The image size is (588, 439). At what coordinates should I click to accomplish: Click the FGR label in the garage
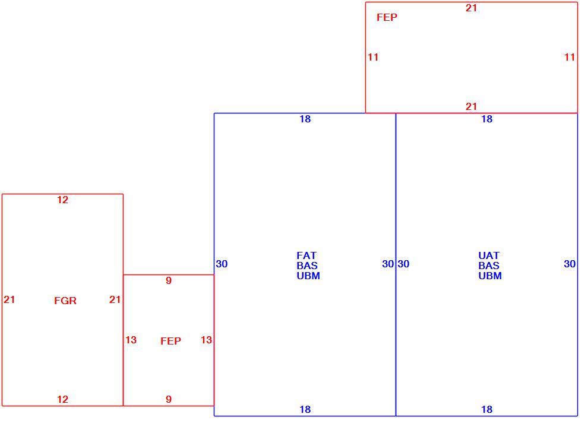click(x=65, y=301)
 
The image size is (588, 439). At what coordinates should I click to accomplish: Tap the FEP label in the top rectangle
click(x=387, y=17)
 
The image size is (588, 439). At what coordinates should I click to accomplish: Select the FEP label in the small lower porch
click(x=170, y=341)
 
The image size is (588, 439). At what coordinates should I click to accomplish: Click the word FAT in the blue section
click(x=306, y=255)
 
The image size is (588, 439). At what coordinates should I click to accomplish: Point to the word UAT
click(x=489, y=255)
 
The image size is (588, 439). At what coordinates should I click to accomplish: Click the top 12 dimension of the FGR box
click(x=62, y=200)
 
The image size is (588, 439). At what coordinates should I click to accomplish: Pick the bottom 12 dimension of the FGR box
click(x=62, y=399)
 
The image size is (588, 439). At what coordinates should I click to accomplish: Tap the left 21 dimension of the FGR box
click(x=10, y=299)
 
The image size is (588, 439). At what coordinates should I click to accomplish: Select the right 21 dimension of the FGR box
click(x=115, y=299)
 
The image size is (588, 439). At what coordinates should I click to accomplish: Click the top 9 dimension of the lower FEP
click(x=169, y=280)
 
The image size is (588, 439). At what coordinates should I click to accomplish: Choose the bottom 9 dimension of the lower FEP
click(x=169, y=399)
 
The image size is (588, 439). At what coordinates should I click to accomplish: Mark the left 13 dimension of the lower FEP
click(x=131, y=340)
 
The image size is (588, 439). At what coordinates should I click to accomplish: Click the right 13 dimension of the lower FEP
click(x=206, y=340)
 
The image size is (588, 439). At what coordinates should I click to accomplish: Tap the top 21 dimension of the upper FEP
click(x=472, y=8)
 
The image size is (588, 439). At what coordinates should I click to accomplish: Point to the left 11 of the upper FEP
click(x=373, y=57)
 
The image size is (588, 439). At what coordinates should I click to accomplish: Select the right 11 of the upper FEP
click(x=570, y=57)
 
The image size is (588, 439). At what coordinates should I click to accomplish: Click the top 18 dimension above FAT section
click(x=305, y=119)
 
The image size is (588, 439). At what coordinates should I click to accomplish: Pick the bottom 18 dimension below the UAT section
click(x=487, y=409)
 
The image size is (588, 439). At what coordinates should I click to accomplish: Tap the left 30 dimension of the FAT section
click(x=222, y=264)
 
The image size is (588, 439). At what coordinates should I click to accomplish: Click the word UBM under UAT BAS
click(x=490, y=276)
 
